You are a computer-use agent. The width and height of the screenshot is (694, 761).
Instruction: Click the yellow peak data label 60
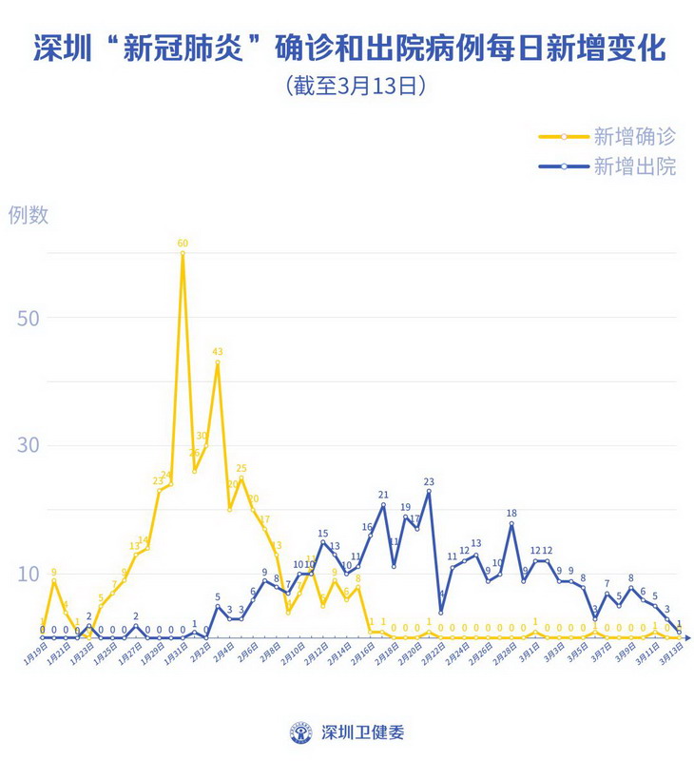183,244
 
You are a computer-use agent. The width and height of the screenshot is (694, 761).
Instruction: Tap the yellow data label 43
218,352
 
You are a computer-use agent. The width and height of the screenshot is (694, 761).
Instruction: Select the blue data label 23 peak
429,482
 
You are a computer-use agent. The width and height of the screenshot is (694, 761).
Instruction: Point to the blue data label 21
383,495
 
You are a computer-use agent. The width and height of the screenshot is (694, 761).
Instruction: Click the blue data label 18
511,514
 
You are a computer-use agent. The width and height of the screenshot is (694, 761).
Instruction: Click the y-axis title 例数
29,215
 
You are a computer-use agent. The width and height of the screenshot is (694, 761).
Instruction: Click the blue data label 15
323,534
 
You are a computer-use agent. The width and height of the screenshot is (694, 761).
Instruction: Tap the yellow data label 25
241,468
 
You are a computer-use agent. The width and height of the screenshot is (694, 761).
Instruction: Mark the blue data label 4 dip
441,596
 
